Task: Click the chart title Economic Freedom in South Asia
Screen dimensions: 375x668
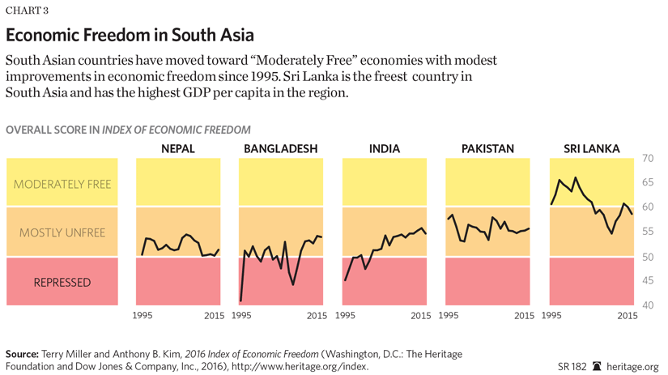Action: point(130,36)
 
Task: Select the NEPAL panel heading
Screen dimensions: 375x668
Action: point(177,149)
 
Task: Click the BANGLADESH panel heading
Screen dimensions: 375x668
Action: point(280,149)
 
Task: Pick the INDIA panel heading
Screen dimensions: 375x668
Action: point(384,149)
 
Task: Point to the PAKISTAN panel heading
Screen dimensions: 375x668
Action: point(487,149)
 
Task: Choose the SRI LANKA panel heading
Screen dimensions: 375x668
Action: point(591,149)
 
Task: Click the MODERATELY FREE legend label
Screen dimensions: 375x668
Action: point(62,184)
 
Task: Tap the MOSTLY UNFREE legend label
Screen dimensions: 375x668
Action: point(62,233)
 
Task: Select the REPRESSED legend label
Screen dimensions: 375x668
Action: point(62,283)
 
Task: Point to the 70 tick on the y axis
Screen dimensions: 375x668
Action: point(648,158)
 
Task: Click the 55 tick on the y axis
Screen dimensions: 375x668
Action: point(648,232)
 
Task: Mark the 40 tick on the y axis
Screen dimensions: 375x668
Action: point(648,305)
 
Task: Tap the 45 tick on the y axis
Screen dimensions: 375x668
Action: point(648,281)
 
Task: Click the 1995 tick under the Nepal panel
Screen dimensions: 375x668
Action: point(143,316)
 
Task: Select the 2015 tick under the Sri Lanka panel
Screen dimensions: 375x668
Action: point(628,316)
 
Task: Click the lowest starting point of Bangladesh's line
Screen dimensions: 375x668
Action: point(240,300)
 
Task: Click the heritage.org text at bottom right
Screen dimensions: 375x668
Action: point(635,367)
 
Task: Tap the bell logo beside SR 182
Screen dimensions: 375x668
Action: point(597,367)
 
